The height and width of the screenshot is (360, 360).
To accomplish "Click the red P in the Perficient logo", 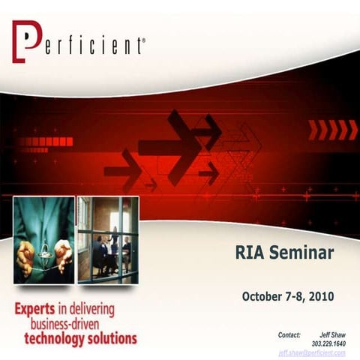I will pos(25,42).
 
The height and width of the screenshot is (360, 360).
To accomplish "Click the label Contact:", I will pos(289,334).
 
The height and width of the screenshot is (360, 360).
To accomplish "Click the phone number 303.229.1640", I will pos(328,343).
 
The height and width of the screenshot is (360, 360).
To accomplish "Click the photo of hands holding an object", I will pos(44,240).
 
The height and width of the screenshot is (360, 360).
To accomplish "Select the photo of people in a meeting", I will pos(108,240).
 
